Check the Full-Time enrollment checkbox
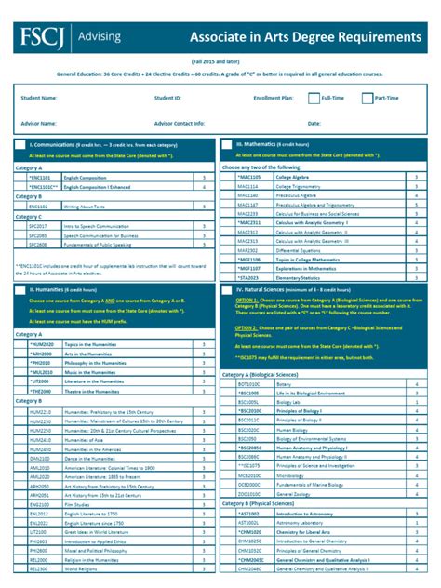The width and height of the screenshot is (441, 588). [x=314, y=97]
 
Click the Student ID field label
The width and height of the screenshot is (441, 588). [x=167, y=97]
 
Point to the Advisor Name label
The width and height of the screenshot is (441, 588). [x=35, y=123]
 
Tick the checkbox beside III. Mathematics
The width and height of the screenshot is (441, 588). [x=227, y=146]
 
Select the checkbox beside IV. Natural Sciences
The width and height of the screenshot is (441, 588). [x=227, y=291]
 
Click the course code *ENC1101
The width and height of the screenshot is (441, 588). [x=40, y=176]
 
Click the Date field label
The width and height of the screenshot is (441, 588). [x=314, y=123]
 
